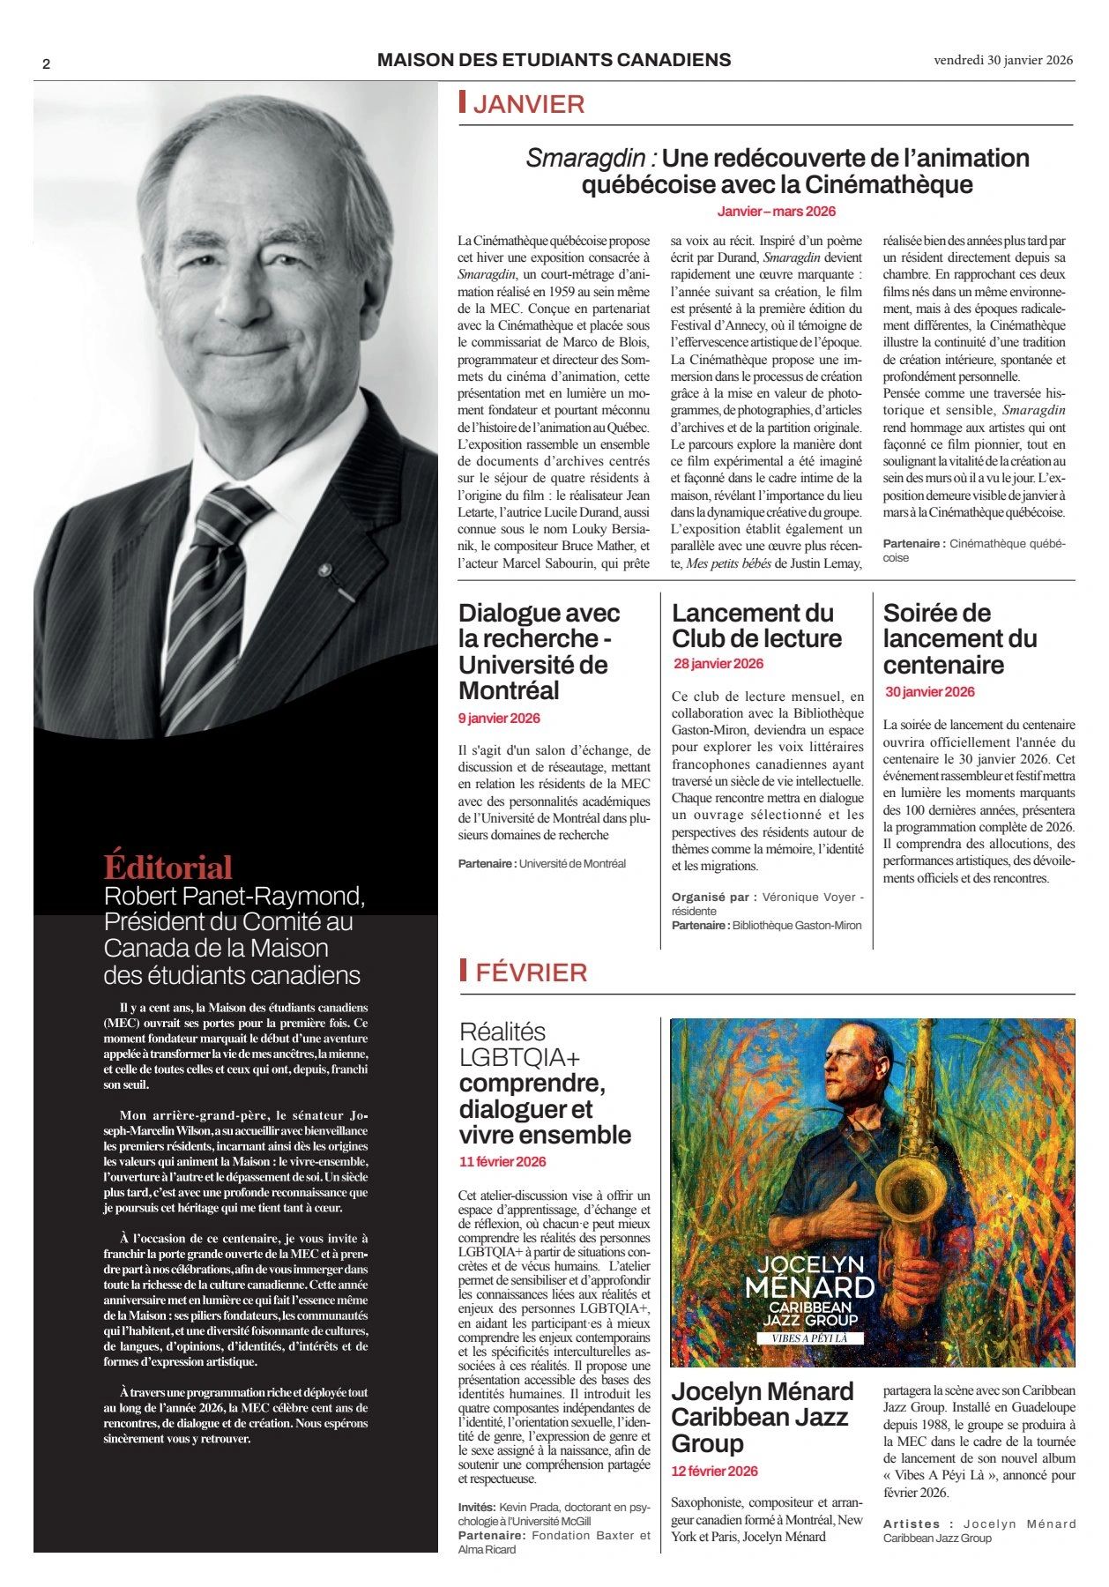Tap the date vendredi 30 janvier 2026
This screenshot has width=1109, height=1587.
1003,60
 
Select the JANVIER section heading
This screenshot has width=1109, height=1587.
529,104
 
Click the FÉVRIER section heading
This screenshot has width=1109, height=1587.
531,972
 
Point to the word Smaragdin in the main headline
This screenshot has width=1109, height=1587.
586,159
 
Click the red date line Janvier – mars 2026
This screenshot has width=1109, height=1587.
776,212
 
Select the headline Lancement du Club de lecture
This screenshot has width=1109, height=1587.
756,625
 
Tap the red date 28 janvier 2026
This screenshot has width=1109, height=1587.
718,664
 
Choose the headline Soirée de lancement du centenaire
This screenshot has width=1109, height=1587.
959,638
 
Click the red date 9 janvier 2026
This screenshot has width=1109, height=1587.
499,719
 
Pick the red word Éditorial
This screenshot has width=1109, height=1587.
167,868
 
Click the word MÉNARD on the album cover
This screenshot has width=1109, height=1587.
809,1288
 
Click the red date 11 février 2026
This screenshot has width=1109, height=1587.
502,1162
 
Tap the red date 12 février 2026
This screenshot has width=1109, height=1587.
714,1471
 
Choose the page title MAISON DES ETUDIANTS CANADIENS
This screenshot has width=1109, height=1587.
554,60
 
